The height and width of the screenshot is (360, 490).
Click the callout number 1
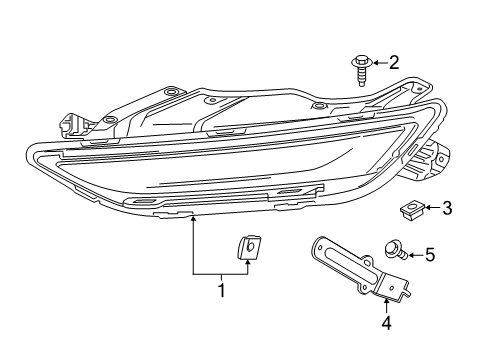[221, 290]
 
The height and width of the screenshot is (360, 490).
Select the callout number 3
[446, 208]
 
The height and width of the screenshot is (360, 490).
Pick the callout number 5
[430, 255]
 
